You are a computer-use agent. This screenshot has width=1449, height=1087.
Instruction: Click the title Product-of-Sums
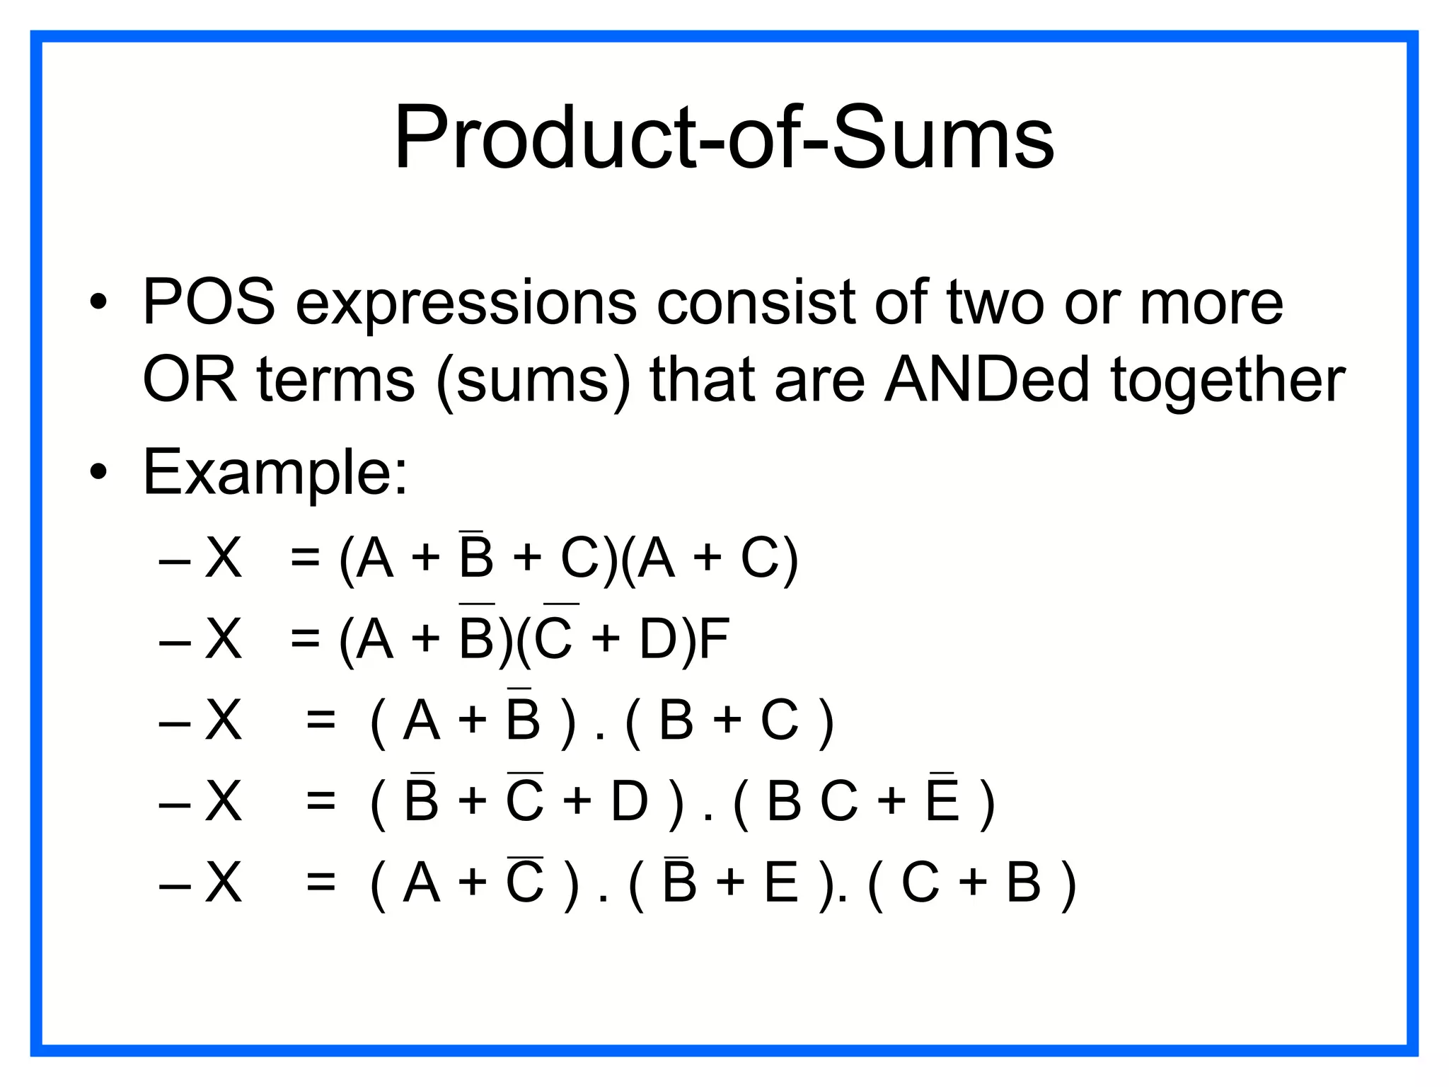(724, 137)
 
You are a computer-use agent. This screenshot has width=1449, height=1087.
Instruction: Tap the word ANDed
(986, 380)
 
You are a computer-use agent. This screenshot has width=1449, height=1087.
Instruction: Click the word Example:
(275, 473)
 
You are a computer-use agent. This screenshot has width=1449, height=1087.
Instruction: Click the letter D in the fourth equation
(629, 802)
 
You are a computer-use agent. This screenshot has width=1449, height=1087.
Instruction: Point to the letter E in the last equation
(781, 883)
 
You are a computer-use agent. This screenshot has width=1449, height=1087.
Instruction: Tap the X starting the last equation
(223, 883)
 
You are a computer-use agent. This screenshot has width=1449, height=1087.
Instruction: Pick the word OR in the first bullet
(189, 380)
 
